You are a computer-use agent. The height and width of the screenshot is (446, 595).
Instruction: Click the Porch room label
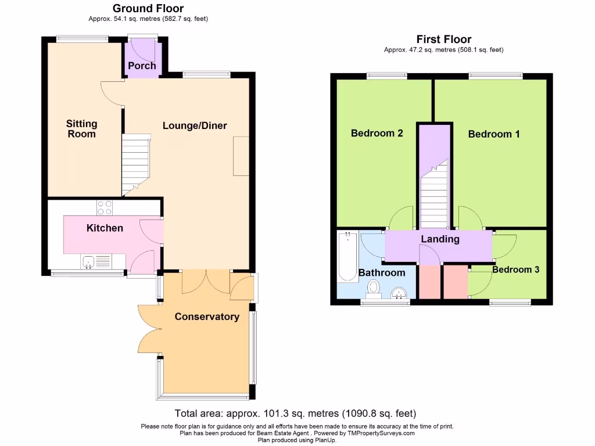coord(142,66)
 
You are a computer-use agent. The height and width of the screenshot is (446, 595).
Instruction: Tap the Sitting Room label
coord(81,129)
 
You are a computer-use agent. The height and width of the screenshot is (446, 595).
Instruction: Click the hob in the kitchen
coord(105,207)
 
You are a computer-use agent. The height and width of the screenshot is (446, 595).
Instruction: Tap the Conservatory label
coord(207,316)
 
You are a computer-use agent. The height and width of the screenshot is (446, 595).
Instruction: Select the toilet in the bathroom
coord(373,287)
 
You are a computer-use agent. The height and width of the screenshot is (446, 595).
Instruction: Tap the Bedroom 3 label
coord(515,269)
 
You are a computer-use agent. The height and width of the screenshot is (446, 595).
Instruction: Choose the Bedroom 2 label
coord(377,133)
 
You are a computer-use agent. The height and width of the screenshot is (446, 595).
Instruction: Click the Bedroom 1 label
coord(494,134)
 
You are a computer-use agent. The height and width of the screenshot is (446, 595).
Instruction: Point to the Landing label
coord(440,239)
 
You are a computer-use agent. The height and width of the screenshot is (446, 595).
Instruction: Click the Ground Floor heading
coord(148,8)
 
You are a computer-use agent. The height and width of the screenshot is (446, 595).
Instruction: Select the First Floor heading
coord(443,39)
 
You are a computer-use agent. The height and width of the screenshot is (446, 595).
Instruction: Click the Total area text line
coord(296,413)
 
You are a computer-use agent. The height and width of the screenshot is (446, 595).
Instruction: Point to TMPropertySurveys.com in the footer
coord(381,433)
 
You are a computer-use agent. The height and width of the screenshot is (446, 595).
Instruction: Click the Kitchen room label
coord(105,228)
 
